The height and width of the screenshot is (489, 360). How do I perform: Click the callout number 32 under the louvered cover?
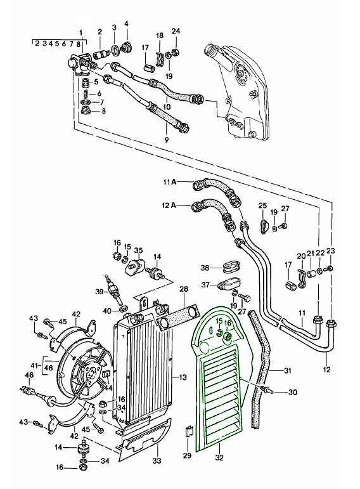tap(219, 457)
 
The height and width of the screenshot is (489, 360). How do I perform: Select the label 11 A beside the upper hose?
tap(170, 182)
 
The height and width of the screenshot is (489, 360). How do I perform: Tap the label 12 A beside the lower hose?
tap(169, 205)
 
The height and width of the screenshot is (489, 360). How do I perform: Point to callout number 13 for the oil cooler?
tap(183, 377)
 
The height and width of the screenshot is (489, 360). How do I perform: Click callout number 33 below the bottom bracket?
tap(157, 460)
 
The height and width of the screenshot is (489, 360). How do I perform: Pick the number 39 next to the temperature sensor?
tap(100, 292)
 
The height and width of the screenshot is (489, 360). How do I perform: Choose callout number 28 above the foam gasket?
tap(184, 289)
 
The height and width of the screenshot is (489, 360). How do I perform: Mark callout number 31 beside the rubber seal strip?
tap(287, 370)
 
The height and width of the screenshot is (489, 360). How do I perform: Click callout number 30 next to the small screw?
tap(293, 392)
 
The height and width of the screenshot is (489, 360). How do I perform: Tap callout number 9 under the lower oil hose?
tap(167, 140)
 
